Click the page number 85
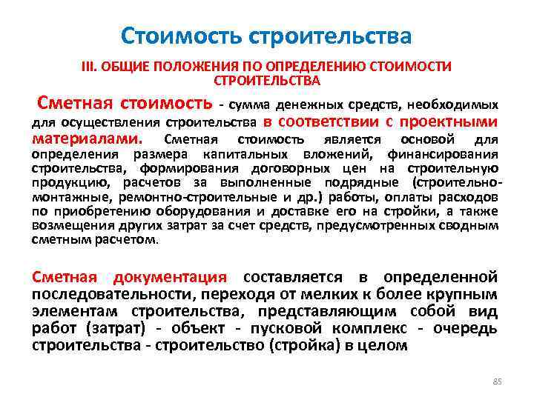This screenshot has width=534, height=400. pos(498,381)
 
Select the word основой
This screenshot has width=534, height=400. pos(425,140)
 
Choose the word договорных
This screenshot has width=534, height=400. pos(286,168)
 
